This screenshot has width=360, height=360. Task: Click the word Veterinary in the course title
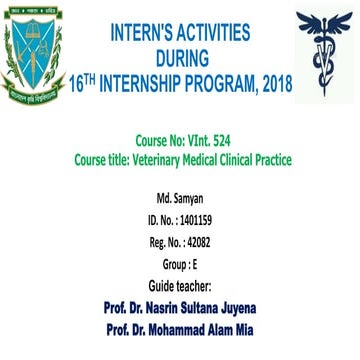point(158,160)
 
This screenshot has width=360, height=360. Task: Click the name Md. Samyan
point(179,199)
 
